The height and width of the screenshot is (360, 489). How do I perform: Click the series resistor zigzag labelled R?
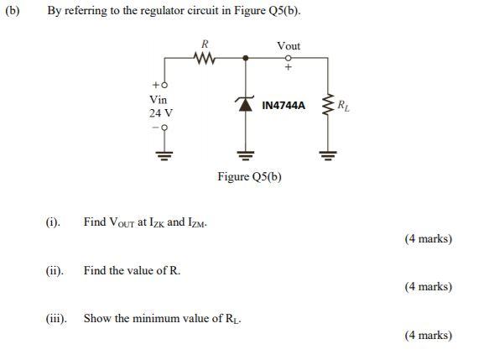click(x=205, y=59)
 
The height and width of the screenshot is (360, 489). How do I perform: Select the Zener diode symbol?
click(x=246, y=105)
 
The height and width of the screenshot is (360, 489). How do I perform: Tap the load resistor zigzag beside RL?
click(x=327, y=107)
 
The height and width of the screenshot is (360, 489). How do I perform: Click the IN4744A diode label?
click(x=284, y=107)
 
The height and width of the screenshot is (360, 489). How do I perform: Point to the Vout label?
click(x=288, y=45)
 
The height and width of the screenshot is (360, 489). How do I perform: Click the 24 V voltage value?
click(x=161, y=112)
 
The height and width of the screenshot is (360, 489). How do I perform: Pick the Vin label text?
click(x=158, y=99)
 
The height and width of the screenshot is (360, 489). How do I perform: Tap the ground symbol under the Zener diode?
click(x=246, y=154)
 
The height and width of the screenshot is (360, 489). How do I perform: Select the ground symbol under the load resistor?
click(x=327, y=154)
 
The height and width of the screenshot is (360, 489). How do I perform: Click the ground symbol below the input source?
click(x=164, y=154)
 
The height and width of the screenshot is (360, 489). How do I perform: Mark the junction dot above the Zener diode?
click(x=246, y=59)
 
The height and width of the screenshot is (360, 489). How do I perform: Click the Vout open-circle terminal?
click(x=288, y=59)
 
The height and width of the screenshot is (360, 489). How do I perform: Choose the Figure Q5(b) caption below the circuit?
click(x=249, y=176)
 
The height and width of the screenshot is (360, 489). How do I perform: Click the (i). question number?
click(x=53, y=222)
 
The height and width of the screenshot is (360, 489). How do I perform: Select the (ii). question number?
click(x=55, y=271)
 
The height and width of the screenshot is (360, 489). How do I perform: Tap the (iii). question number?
click(x=56, y=319)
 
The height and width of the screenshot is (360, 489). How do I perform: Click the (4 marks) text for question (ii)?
click(x=428, y=287)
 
